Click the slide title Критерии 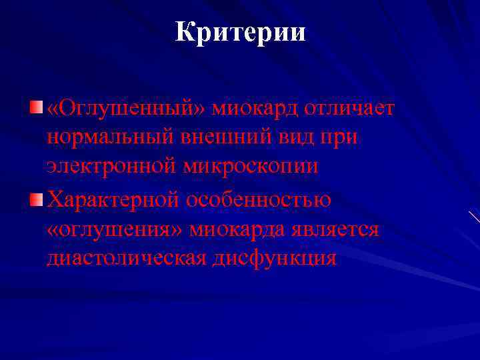240,32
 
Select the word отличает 349,109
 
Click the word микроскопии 253,167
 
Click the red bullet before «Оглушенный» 36,108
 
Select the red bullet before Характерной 36,199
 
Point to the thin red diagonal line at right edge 474,216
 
